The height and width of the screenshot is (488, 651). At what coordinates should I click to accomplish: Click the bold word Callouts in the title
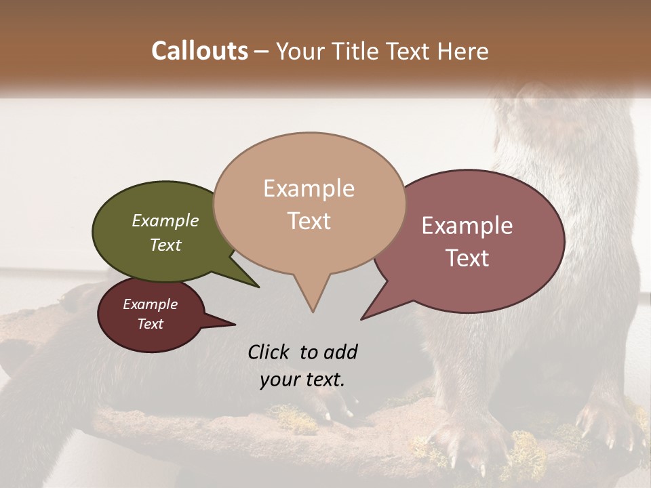point(199,51)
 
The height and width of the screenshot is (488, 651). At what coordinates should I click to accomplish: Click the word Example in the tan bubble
point(309,188)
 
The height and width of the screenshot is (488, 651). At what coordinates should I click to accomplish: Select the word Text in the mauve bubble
point(468,258)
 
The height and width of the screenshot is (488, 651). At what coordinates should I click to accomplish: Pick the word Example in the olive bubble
point(165,221)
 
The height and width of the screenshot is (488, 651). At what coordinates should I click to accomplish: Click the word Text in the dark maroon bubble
point(150,324)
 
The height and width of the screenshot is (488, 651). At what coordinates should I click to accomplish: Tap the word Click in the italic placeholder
point(269,352)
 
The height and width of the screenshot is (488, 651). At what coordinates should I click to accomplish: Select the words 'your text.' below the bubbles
point(302,380)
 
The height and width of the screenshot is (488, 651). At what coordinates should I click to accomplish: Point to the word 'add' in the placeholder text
point(341,352)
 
